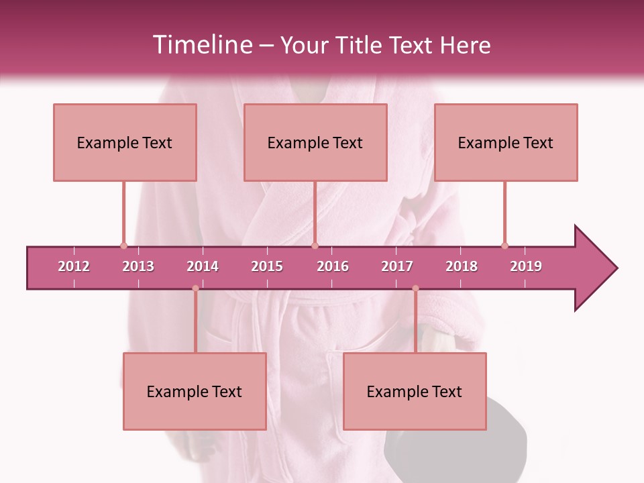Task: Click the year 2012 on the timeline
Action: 74,266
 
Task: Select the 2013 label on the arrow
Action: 138,266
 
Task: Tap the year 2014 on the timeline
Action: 203,266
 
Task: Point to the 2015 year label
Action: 267,266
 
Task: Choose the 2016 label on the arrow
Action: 333,266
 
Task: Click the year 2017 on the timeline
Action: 397,266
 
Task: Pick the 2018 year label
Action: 462,266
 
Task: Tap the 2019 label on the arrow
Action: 526,266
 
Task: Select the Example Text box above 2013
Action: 125,142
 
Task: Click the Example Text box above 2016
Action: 315,142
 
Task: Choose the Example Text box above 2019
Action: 506,142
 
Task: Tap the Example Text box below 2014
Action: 195,391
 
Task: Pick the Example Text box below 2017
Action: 415,391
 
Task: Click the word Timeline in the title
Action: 201,45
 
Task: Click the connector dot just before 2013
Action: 123,246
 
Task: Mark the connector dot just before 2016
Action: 315,246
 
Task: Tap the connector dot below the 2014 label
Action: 195,288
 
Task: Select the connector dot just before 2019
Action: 504,246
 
